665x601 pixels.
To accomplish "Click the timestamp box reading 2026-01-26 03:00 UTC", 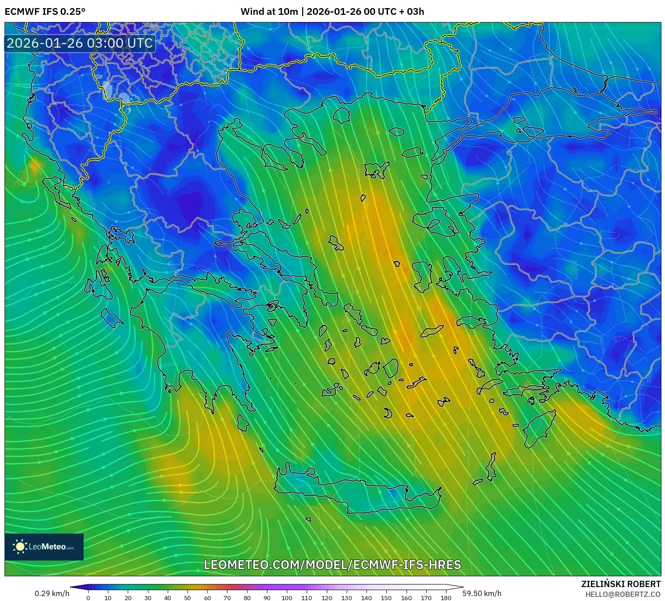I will click(80, 43).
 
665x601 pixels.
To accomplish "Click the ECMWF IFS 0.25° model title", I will click(45, 12).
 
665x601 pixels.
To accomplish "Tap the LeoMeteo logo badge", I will click(44, 547).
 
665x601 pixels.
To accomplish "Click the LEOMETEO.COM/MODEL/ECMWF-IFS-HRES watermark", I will click(332, 565).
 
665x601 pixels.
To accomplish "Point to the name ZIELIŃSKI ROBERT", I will click(620, 584).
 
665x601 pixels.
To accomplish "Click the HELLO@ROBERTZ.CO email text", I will click(623, 594).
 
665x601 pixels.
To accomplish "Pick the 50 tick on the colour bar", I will click(187, 597).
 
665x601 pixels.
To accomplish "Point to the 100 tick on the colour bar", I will click(287, 597).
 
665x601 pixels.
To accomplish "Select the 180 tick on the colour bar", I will click(446, 597).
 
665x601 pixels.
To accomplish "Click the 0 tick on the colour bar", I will click(88, 597).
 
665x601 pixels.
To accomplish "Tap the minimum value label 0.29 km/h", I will click(52, 593).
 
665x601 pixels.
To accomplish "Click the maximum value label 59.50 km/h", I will click(482, 593).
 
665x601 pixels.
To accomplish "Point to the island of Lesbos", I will click(434, 221).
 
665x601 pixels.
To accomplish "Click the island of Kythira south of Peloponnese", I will click(243, 423).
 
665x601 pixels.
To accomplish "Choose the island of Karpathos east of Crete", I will click(491, 467).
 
